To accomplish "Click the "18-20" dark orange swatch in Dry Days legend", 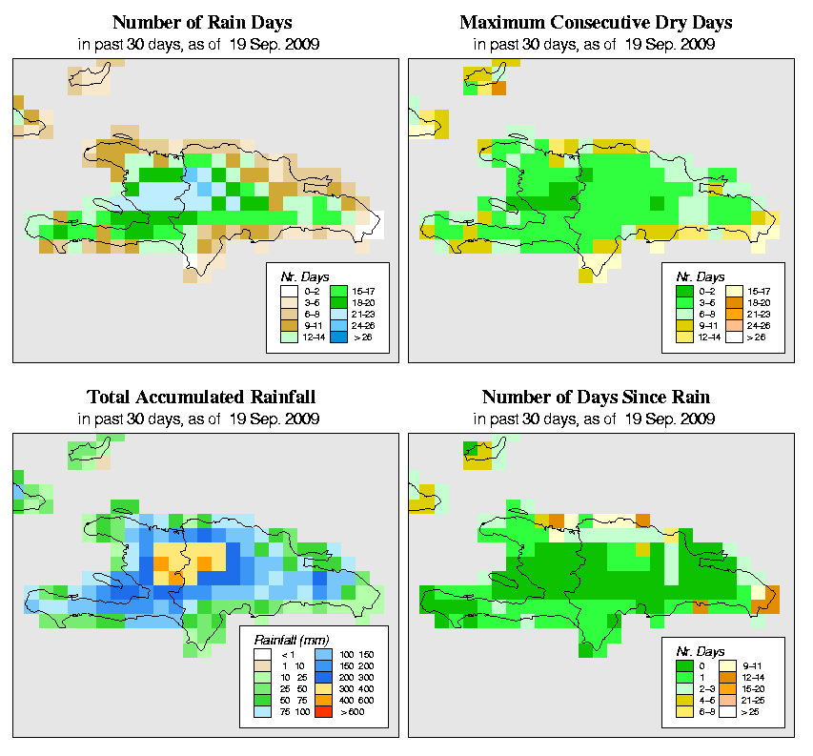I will click(734, 299).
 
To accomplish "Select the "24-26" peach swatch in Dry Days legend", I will click(734, 324).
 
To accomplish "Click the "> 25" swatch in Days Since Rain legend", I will click(734, 712).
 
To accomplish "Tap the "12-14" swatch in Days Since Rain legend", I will click(734, 675).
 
